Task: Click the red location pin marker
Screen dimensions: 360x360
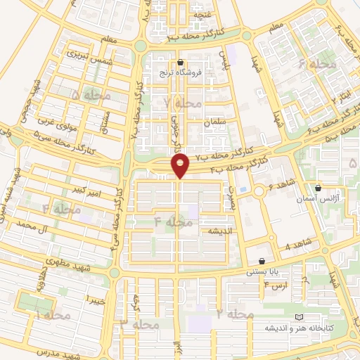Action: coord(181,166)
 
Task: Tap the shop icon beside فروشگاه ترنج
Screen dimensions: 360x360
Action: coord(181,61)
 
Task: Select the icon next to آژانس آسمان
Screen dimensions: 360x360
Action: coord(319,188)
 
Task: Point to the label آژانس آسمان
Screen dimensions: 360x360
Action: coord(319,199)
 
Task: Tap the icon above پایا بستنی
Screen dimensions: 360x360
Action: coord(262,260)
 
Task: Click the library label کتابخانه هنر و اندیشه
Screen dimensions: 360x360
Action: coord(304,328)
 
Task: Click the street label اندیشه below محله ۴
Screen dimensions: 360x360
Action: coord(220,231)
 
